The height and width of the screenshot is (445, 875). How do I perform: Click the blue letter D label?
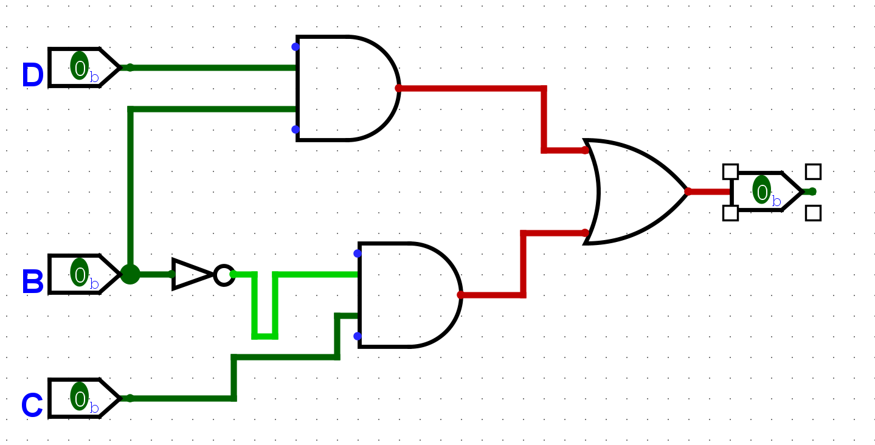pos(32,76)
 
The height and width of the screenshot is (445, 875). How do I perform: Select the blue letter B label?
pos(33,283)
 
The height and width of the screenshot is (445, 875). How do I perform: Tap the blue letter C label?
pos(32,406)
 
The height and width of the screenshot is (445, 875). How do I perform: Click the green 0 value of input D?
pos(80,66)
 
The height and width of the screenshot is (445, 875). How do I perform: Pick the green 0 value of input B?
pos(80,272)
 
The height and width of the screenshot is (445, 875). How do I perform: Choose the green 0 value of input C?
pos(80,396)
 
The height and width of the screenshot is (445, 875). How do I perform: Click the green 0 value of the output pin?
pos(761,190)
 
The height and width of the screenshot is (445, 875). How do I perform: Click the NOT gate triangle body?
pos(190,274)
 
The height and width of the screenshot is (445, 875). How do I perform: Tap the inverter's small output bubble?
pos(224,275)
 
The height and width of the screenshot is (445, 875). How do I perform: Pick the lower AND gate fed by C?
pos(407,295)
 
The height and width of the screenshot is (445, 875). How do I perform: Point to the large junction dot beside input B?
pos(130,274)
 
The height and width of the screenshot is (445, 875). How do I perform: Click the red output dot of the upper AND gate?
pos(399,88)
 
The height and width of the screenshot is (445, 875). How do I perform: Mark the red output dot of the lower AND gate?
pos(460,295)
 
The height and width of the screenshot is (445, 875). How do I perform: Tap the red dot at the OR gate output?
pos(688,191)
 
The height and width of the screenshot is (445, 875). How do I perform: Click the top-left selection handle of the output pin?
pos(730,171)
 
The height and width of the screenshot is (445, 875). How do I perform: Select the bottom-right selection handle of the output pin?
pos(813,213)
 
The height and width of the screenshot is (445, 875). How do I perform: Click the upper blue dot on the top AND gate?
pos(296,47)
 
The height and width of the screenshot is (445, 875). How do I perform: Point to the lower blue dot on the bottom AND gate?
pos(358,336)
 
